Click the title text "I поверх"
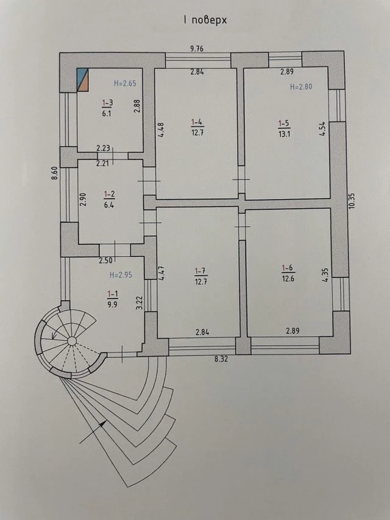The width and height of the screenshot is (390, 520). [x=205, y=20]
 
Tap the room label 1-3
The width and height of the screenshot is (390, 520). [x=107, y=103]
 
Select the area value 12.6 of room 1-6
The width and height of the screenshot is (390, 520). [x=288, y=279]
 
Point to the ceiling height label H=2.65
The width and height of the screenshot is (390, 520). [x=125, y=83]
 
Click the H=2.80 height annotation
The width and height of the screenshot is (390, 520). [x=301, y=87]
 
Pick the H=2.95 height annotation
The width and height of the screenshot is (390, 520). [x=121, y=275]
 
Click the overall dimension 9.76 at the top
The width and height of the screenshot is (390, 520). [x=196, y=49]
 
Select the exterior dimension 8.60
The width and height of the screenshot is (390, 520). [x=55, y=173]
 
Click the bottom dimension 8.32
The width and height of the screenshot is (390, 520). [x=221, y=359]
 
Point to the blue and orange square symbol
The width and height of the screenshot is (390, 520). [x=83, y=80]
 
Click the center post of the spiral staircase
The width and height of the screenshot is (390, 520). [x=72, y=340]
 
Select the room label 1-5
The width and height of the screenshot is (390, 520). [x=284, y=124]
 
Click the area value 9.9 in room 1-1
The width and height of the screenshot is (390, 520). [x=113, y=304]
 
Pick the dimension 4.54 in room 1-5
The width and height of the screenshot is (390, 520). [x=322, y=129]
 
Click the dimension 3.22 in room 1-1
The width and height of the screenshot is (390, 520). [x=140, y=303]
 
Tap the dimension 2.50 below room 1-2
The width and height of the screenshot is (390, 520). [x=105, y=261]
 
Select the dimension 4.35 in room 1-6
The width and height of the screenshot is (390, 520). [x=325, y=275]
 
